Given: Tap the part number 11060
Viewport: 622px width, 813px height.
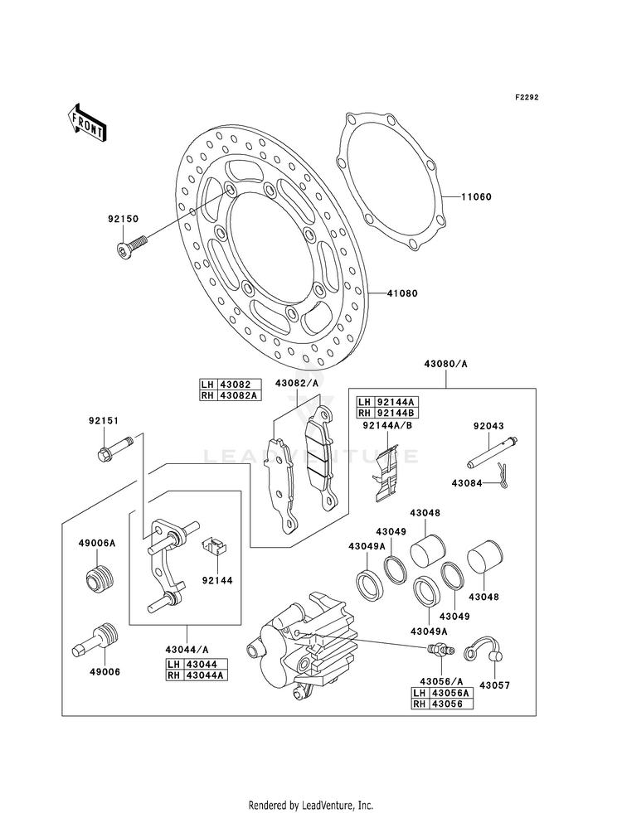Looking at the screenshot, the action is [477, 197].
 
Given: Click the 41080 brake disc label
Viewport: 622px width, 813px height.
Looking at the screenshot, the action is [402, 293].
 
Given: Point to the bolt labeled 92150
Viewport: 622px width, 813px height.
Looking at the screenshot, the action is [131, 247].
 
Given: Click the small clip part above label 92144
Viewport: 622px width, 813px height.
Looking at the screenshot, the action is [214, 545].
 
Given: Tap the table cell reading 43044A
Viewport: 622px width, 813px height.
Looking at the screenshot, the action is [207, 675].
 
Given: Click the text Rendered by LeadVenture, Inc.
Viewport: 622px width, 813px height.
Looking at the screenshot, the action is [311, 805].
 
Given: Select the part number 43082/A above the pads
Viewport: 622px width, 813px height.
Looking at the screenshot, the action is [296, 383].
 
